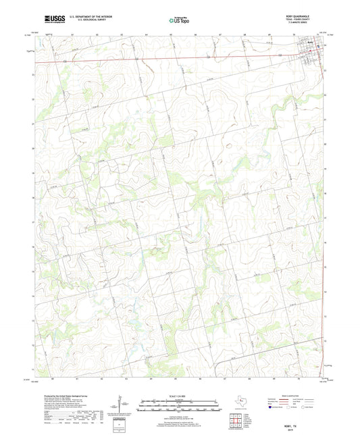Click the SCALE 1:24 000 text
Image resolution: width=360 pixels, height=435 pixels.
pyautogui.click(x=180, y=396)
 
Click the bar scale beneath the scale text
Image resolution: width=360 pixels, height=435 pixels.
pyautogui.click(x=180, y=406)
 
